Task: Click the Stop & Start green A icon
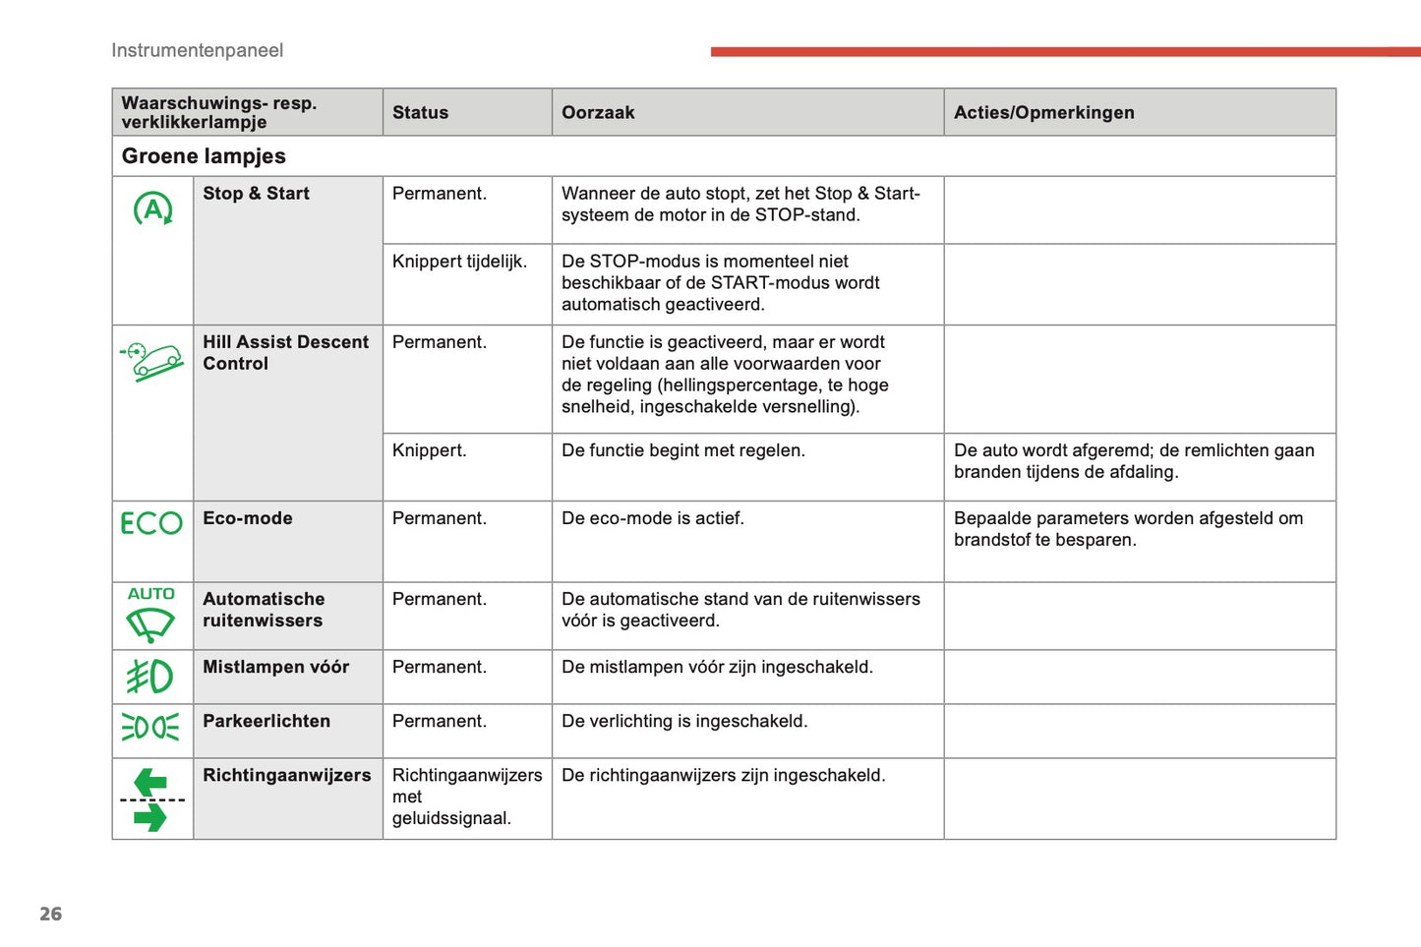pyautogui.click(x=152, y=208)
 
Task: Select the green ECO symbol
pyautogui.click(x=151, y=523)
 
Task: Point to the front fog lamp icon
pyautogui.click(x=149, y=677)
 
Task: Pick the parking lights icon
pyautogui.click(x=150, y=728)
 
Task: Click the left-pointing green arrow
pyautogui.click(x=150, y=783)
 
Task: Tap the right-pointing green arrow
pyautogui.click(x=150, y=817)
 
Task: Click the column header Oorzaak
pyautogui.click(x=598, y=113)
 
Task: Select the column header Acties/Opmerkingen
pyautogui.click(x=1043, y=113)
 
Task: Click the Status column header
pyautogui.click(x=420, y=113)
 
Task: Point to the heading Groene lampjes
pyautogui.click(x=204, y=156)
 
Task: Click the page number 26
pyautogui.click(x=50, y=914)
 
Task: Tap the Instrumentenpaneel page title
pyautogui.click(x=197, y=50)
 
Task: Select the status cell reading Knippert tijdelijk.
pyautogui.click(x=459, y=262)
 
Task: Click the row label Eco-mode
pyautogui.click(x=248, y=518)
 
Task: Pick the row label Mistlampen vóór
pyautogui.click(x=275, y=667)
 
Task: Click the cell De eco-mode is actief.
pyautogui.click(x=652, y=518)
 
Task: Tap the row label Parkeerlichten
pyautogui.click(x=266, y=721)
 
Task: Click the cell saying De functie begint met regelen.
pyautogui.click(x=682, y=450)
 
